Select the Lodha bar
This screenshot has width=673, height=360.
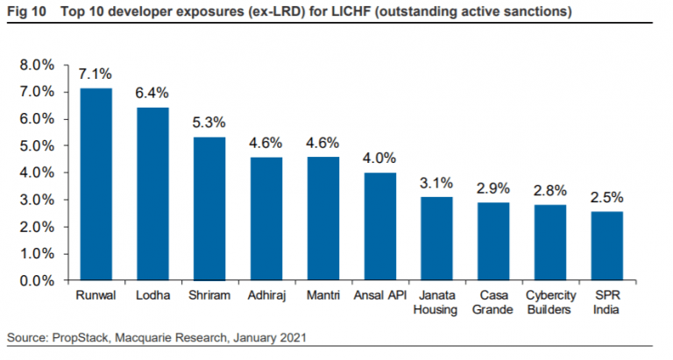coord(152,194)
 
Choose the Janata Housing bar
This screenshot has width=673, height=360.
coord(436,238)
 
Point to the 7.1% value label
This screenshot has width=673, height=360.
coord(96,74)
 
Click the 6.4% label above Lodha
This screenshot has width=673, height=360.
coord(152,93)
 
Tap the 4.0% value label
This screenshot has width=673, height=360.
coord(380,159)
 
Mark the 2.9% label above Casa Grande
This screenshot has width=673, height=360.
coord(493,188)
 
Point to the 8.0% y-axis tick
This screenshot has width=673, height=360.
coord(38,65)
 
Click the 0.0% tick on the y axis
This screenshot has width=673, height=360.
coord(38,280)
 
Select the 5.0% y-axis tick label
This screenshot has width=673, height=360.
coord(38,145)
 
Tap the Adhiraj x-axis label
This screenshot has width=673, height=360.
coord(266,296)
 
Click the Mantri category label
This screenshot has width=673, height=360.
coord(323,296)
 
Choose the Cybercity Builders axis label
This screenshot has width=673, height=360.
coord(550,303)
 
